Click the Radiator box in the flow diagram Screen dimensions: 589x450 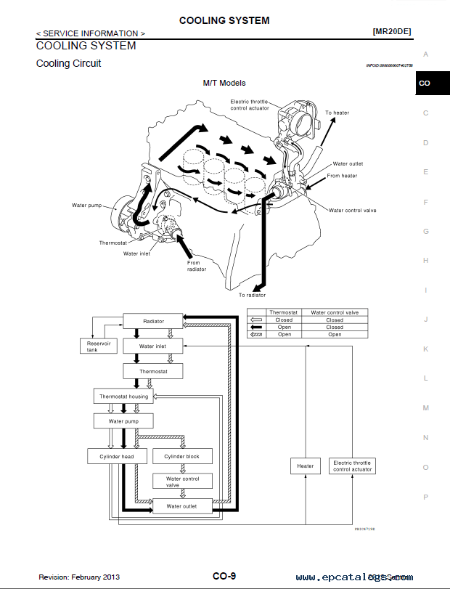[153, 321]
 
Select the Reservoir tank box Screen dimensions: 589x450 [98, 346]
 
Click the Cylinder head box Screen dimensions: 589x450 [117, 457]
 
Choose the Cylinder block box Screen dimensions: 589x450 [181, 457]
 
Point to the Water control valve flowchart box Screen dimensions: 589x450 [181, 481]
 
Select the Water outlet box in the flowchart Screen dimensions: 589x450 [181, 506]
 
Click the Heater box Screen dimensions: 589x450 [306, 466]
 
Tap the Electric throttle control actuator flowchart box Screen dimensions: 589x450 [352, 466]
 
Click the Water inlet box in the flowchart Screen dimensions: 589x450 [153, 346]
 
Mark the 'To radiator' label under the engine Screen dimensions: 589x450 [252, 295]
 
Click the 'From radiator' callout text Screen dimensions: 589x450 [197, 266]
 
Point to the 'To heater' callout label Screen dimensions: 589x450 [337, 113]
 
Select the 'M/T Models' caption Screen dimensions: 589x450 [224, 83]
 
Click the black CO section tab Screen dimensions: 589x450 [425, 84]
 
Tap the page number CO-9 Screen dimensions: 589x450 [224, 576]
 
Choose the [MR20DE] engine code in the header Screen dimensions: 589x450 [393, 32]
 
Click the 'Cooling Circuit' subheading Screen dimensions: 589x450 [69, 63]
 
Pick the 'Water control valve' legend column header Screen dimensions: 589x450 [335, 312]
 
